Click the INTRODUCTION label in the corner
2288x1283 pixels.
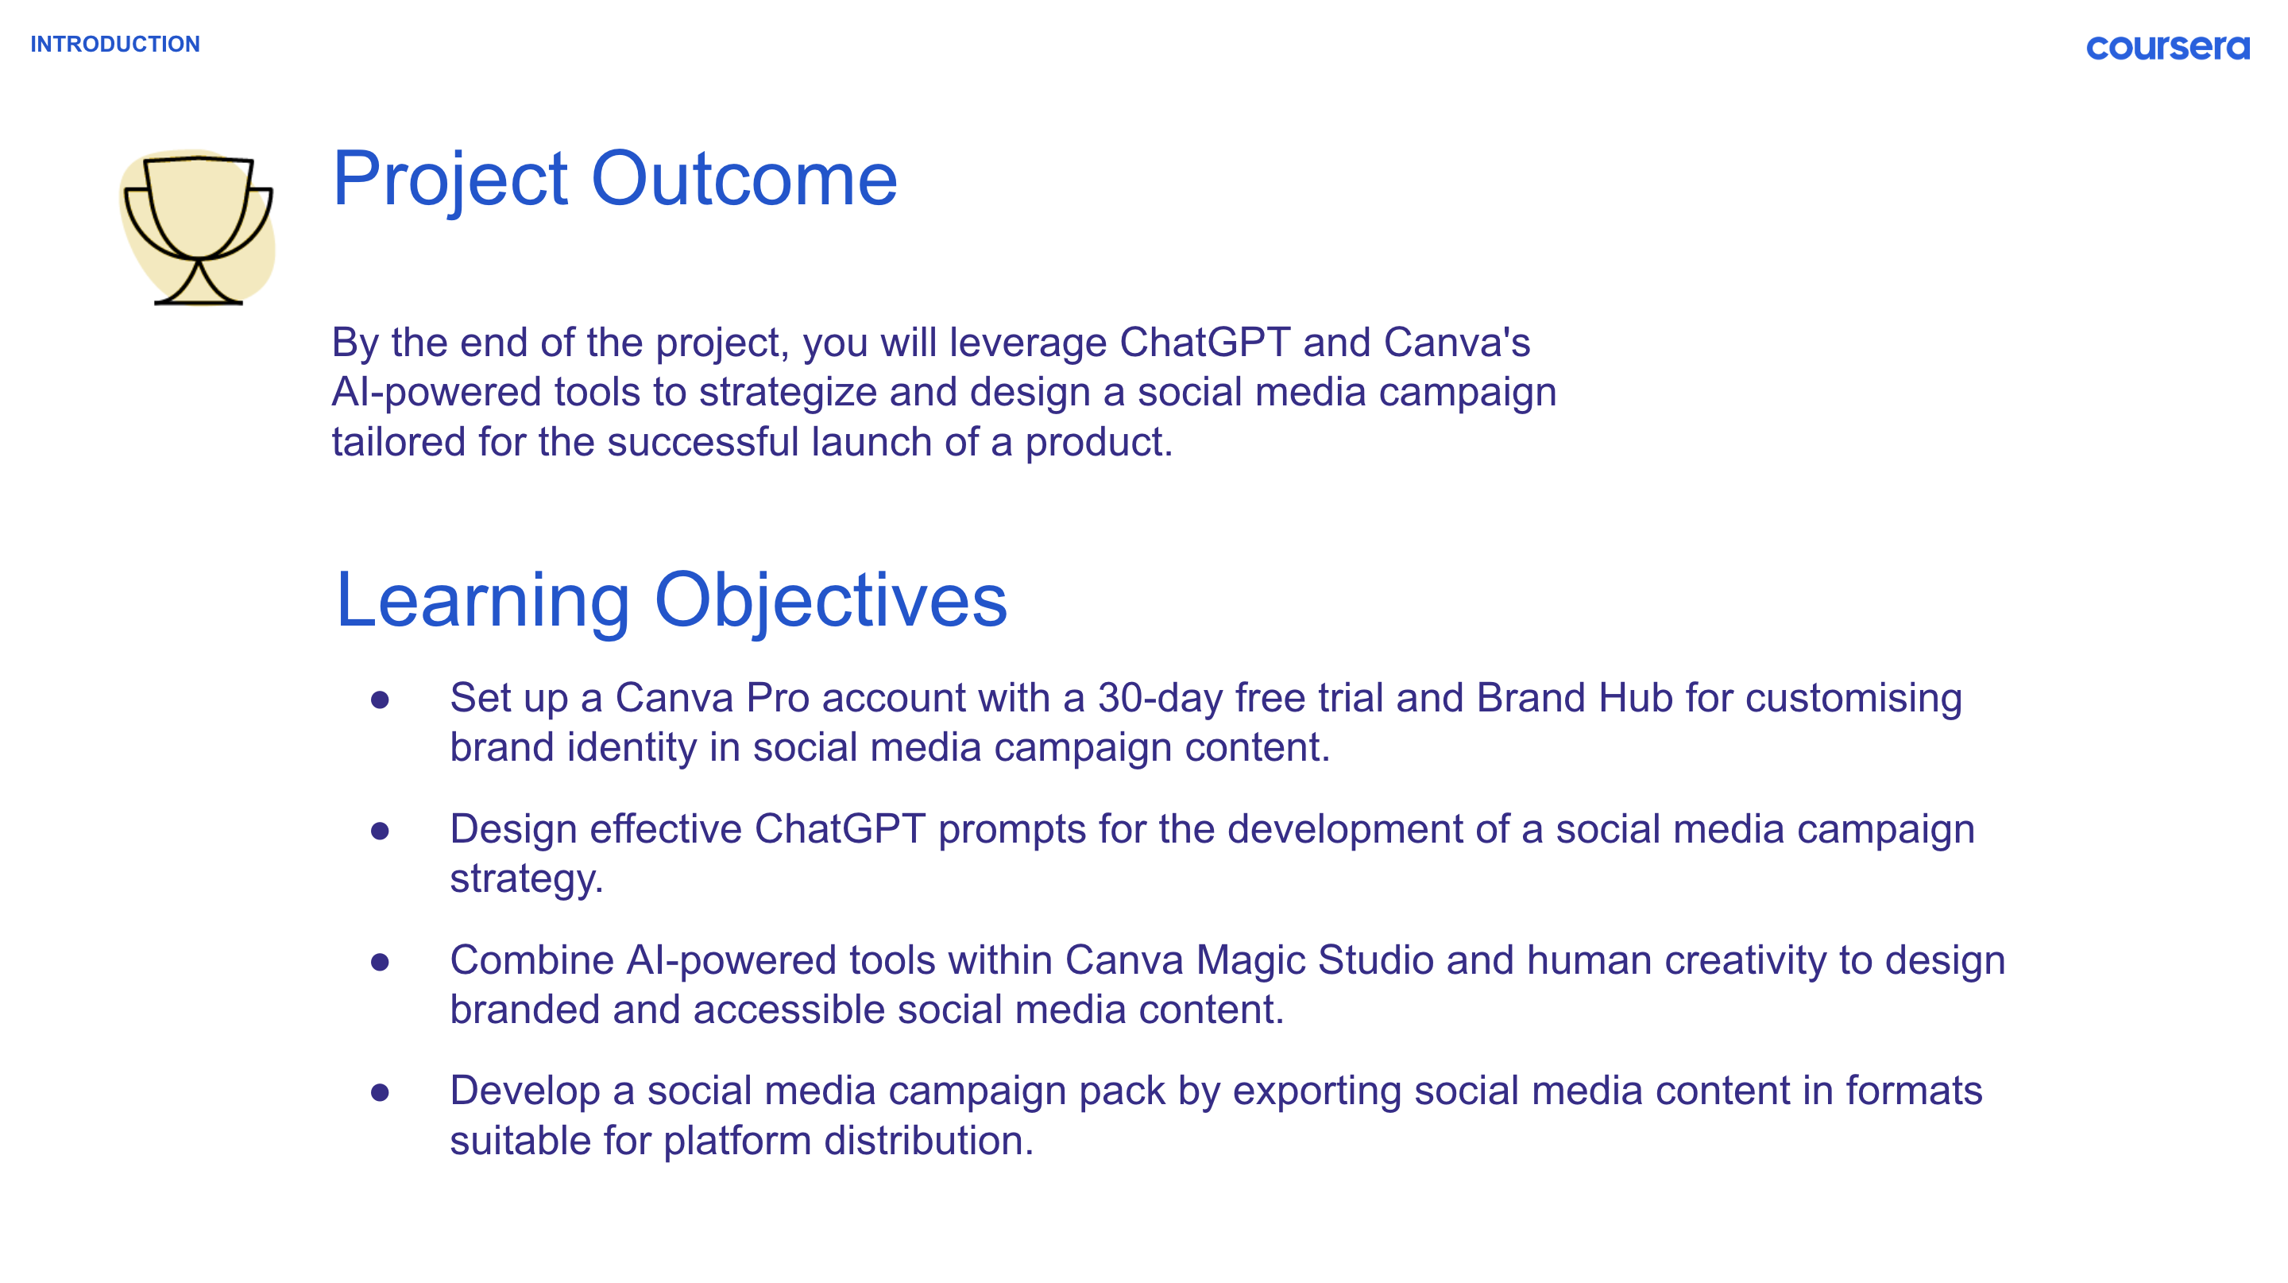point(115,44)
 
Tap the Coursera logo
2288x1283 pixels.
point(2167,47)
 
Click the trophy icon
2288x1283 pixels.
point(197,228)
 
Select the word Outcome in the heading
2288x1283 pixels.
point(744,179)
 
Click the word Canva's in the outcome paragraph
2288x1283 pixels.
point(1457,342)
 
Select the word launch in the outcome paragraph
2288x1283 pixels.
point(871,442)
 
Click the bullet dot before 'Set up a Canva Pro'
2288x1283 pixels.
point(381,700)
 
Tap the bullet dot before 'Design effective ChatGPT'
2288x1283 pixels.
point(381,831)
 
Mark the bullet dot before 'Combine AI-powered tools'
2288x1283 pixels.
point(381,961)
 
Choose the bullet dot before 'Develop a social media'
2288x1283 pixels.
point(381,1092)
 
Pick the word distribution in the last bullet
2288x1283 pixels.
point(928,1140)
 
